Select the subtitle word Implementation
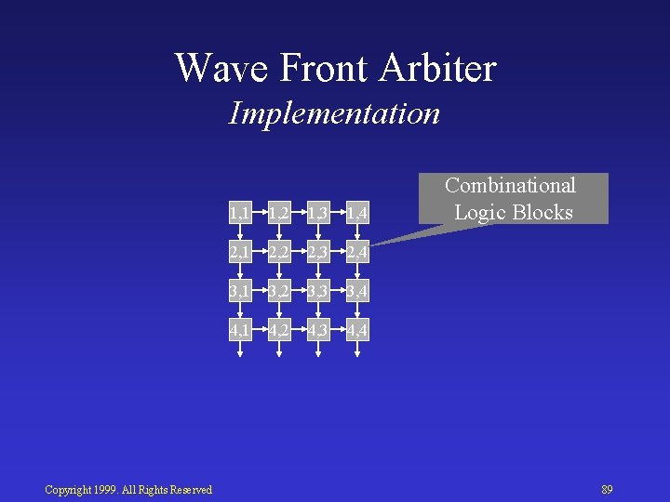pyautogui.click(x=334, y=113)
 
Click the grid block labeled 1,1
pyautogui.click(x=239, y=215)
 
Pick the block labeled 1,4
pyautogui.click(x=356, y=215)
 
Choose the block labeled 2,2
pyautogui.click(x=278, y=254)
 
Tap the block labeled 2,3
pyautogui.click(x=317, y=254)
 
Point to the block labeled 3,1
pyautogui.click(x=239, y=292)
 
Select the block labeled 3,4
pyautogui.click(x=356, y=292)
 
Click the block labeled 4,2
pyautogui.click(x=278, y=330)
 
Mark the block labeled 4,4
pyautogui.click(x=356, y=330)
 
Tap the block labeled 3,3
pyautogui.click(x=317, y=292)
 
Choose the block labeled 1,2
pyautogui.click(x=278, y=215)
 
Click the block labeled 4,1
pyautogui.click(x=239, y=330)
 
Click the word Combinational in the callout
pyautogui.click(x=510, y=186)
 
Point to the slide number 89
pyautogui.click(x=607, y=490)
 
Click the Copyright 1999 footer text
pyautogui.click(x=128, y=490)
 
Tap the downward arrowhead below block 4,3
pyautogui.click(x=317, y=353)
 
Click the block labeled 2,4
pyautogui.click(x=356, y=254)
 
